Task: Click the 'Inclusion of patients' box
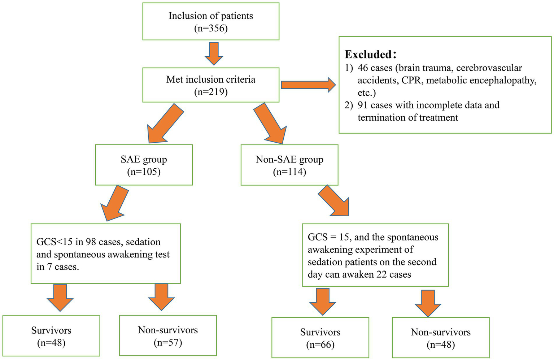coord(211,21)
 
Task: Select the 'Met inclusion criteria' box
coord(211,85)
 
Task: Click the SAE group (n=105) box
coord(144,165)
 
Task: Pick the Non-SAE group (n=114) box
coord(289,165)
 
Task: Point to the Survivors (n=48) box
coord(51,336)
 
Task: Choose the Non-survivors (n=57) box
coord(168,335)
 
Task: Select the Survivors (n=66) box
coord(320,338)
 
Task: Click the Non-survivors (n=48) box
coord(441,338)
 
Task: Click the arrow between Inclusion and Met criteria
coord(214,54)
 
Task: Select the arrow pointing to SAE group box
coord(164,123)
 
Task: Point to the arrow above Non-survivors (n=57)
coord(161,297)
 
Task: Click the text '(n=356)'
coord(211,28)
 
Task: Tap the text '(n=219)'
coord(211,92)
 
